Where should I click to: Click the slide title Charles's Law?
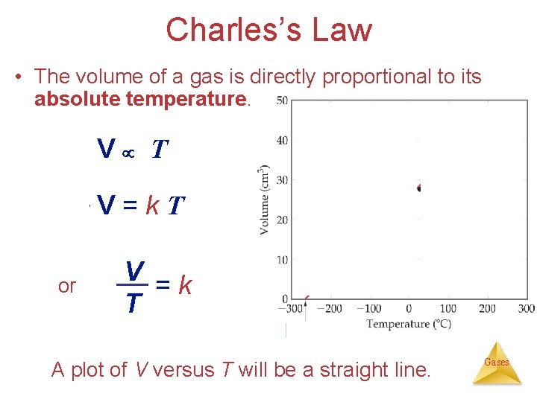[268, 30]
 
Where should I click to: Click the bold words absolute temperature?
[140, 99]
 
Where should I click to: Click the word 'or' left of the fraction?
[66, 287]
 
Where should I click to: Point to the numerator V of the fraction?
[134, 269]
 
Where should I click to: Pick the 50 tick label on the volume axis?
[282, 100]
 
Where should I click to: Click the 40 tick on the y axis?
[282, 140]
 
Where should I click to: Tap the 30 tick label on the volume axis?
[282, 180]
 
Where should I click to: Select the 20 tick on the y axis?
[282, 220]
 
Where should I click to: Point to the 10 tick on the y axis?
[282, 260]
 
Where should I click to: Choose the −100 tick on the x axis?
[368, 309]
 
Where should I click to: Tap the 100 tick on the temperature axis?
[447, 309]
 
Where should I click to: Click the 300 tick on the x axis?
[526, 309]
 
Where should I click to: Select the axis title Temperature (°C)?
[409, 324]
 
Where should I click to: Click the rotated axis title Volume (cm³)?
[265, 200]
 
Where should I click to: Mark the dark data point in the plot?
[419, 188]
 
